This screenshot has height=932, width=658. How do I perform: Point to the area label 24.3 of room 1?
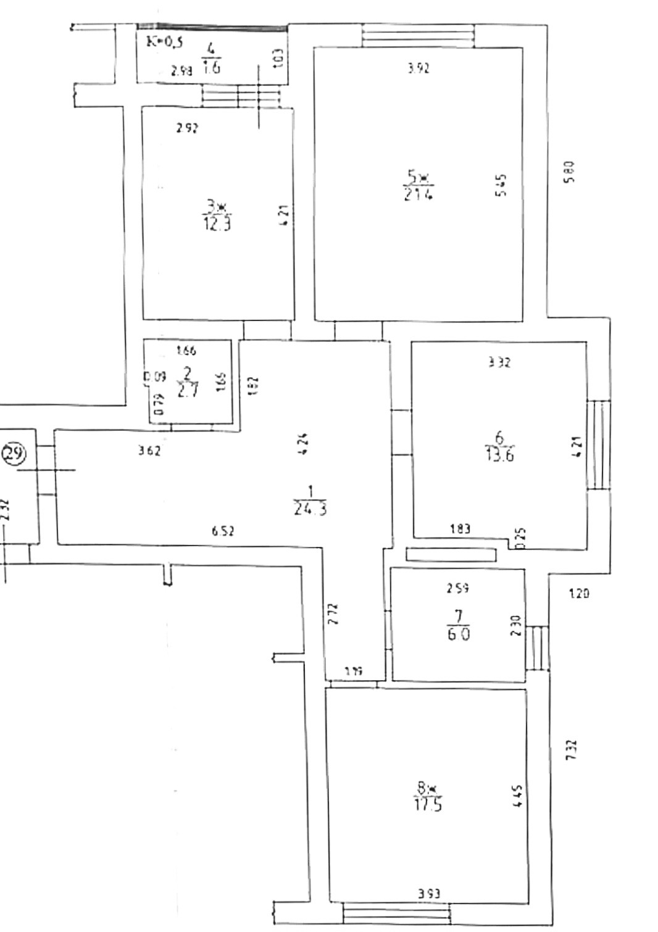click(310, 509)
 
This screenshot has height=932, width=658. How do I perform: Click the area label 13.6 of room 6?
click(500, 456)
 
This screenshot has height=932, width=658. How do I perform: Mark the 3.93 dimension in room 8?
click(429, 893)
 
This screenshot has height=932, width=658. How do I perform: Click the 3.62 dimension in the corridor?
click(149, 451)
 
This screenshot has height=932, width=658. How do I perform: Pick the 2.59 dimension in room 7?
click(457, 588)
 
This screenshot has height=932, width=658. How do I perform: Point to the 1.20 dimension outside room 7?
click(578, 594)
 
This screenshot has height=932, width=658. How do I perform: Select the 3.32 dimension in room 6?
click(499, 363)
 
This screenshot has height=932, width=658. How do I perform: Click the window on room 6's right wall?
click(598, 444)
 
